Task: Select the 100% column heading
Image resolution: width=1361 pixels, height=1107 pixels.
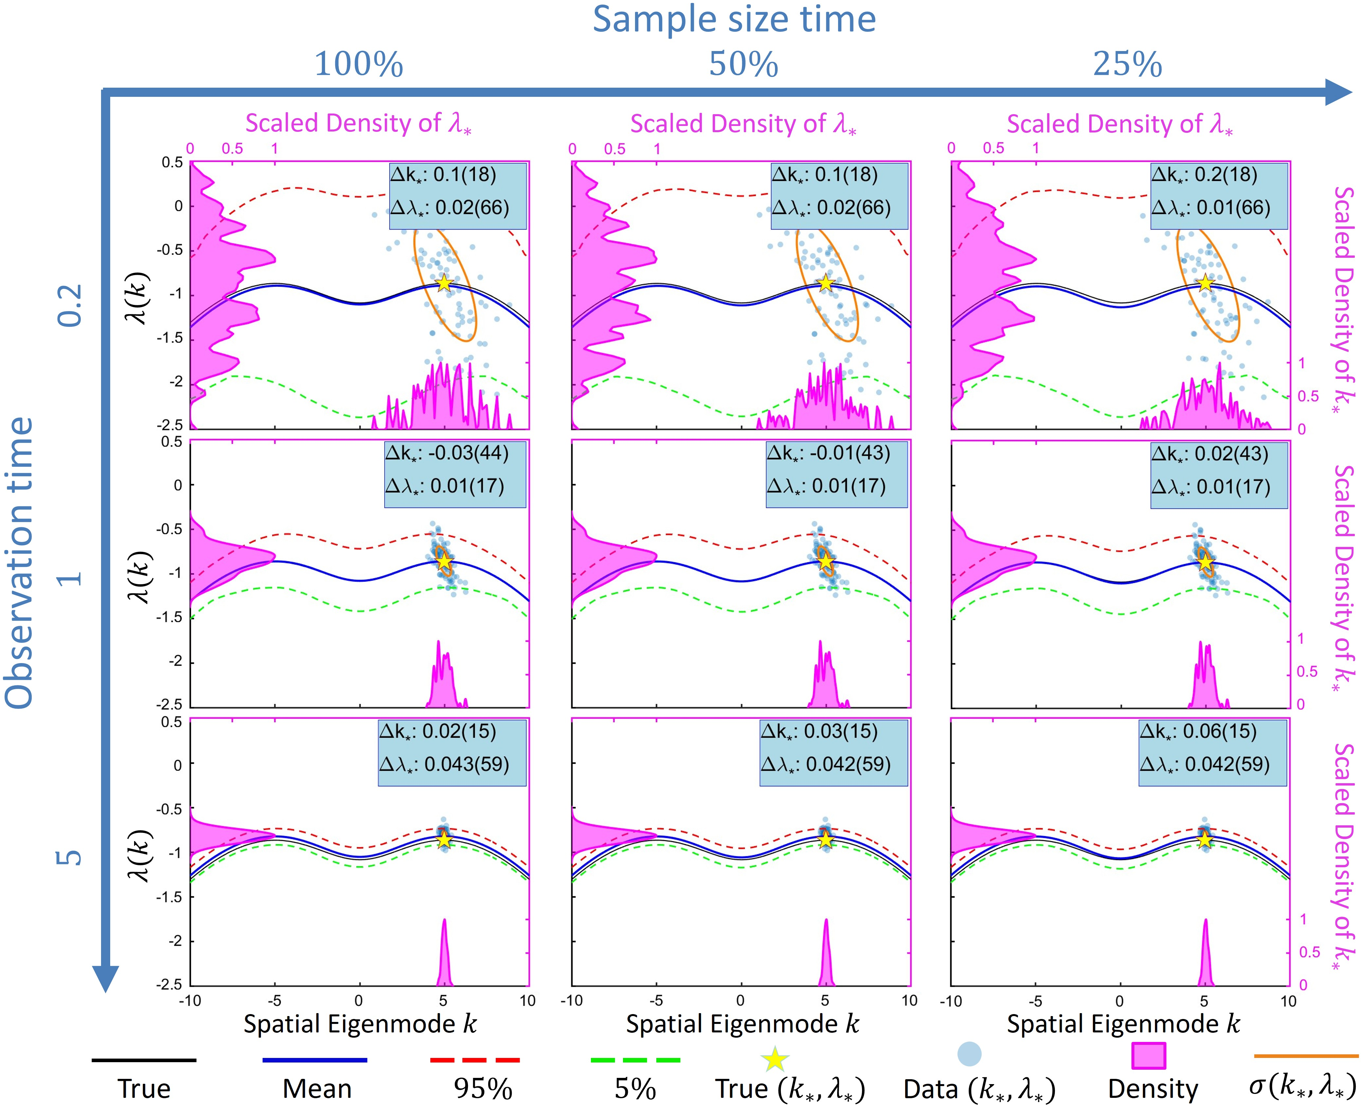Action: tap(359, 64)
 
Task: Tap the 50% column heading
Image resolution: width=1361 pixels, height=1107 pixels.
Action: tap(743, 64)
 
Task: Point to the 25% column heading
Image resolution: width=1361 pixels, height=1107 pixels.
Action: tap(1127, 64)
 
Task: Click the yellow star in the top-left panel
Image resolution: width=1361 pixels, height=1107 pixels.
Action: tap(444, 283)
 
